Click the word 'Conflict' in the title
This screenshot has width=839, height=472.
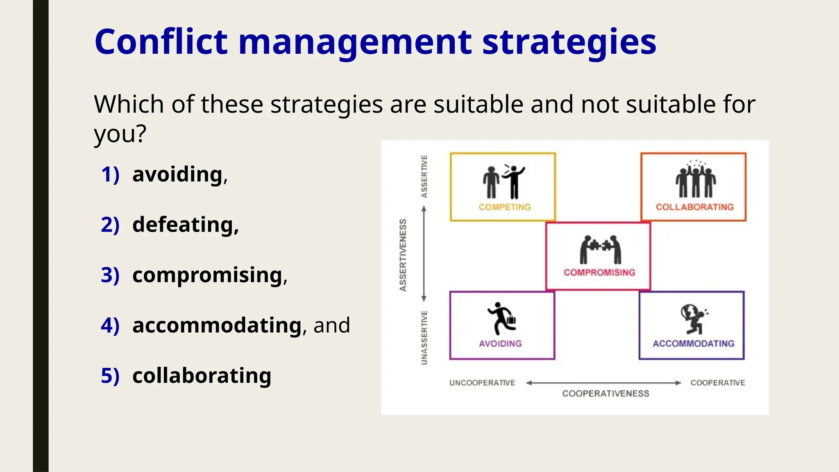point(161,42)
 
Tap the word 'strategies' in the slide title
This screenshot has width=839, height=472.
point(569,43)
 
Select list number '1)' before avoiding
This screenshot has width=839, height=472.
point(110,175)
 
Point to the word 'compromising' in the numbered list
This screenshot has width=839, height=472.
point(208,275)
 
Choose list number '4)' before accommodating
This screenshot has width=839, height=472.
point(110,325)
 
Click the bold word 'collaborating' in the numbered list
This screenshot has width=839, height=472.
point(202,375)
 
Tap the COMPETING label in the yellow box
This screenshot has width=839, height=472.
point(504,207)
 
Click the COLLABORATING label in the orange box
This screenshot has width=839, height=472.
point(694,207)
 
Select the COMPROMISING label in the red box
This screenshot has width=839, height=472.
point(599,272)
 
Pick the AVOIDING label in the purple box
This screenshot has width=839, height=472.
point(500,343)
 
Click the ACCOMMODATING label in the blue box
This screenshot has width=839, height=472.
point(693,343)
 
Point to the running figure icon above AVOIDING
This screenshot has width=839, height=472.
point(501,318)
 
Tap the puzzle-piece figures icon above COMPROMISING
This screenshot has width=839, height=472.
point(600,249)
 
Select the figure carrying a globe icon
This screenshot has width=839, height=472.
point(693,318)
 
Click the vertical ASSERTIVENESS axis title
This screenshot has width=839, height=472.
point(403,255)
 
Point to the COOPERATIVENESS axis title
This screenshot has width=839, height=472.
point(605,393)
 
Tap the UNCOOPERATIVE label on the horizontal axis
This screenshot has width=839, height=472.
point(482,383)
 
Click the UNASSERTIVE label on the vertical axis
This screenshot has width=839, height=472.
point(424,337)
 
